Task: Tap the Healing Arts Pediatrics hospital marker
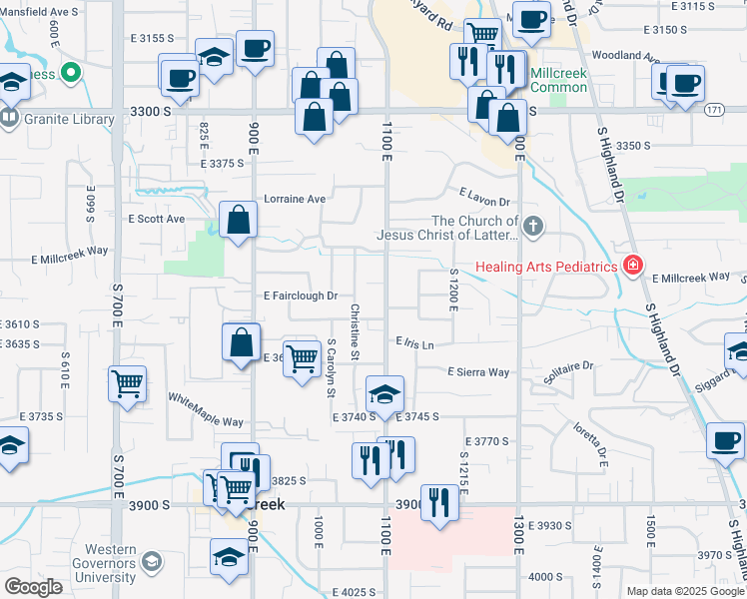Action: point(632,266)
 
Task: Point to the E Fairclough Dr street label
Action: point(301,297)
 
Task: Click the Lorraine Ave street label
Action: point(295,199)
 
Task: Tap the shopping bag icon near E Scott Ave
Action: point(239,221)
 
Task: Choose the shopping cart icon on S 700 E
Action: point(128,383)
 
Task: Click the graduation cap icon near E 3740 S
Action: point(384,394)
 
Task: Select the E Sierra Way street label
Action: point(477,372)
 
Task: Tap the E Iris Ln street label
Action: point(414,343)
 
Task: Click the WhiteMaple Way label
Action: point(205,410)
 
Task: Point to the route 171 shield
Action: point(713,108)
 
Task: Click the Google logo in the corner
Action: point(34,587)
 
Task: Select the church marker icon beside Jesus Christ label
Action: point(532,226)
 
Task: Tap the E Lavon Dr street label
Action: point(484,197)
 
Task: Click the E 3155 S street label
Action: point(152,38)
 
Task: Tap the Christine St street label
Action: point(355,332)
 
